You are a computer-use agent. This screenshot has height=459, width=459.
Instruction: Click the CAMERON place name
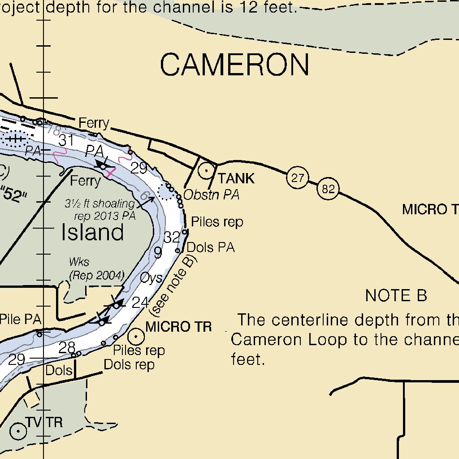[234, 65]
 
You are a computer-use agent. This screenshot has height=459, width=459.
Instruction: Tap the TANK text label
[236, 179]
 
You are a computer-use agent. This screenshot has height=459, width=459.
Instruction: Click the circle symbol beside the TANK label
[206, 171]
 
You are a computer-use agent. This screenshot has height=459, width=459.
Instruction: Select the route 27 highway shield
[297, 178]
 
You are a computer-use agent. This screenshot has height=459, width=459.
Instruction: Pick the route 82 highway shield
[328, 189]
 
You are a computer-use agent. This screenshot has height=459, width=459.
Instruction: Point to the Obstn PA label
[211, 195]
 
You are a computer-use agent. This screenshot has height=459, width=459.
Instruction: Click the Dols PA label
[210, 247]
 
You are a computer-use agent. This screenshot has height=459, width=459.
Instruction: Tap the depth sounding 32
[172, 238]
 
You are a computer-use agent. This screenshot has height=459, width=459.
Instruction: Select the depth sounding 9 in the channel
[158, 253]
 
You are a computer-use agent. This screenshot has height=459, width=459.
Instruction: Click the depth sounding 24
[140, 303]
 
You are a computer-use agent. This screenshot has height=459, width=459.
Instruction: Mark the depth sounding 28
[67, 347]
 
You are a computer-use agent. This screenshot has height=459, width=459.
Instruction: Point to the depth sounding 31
[66, 141]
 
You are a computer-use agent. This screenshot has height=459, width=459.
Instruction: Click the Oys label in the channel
[151, 278]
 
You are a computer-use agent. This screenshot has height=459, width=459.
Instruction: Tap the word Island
[92, 233]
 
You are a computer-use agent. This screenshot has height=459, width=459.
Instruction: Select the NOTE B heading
[396, 296]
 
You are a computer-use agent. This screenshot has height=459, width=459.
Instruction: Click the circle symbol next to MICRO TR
[136, 336]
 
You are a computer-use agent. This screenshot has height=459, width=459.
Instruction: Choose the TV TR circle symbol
[18, 431]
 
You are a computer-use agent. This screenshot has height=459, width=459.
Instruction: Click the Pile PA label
[20, 320]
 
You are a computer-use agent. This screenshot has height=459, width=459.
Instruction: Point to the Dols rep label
[129, 364]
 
